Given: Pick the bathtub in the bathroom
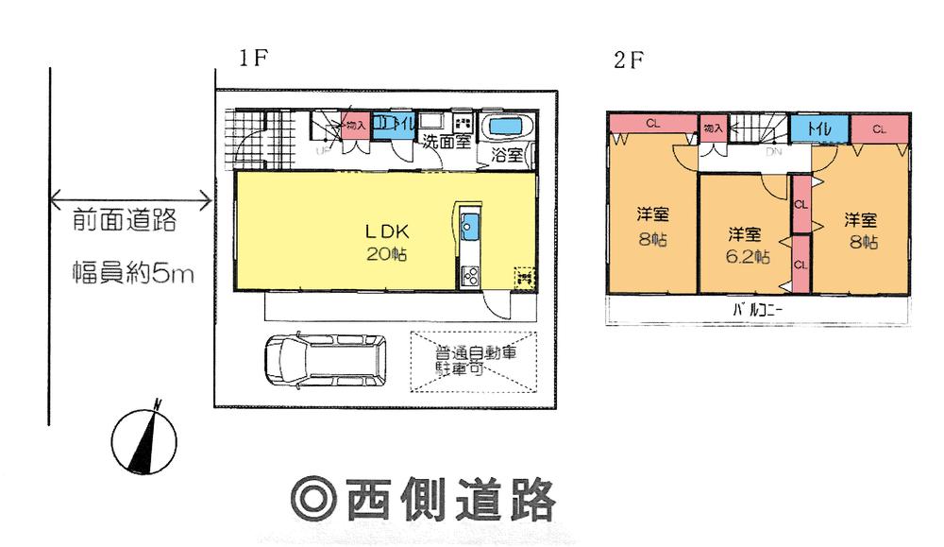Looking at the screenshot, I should point(509,128).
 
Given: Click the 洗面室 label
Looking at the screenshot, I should point(446,144).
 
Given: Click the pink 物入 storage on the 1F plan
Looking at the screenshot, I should point(354,127).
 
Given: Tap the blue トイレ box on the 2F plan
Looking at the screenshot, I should point(809,128).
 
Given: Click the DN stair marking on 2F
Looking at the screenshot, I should point(773,151).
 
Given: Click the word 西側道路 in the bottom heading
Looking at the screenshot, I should point(449,499).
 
